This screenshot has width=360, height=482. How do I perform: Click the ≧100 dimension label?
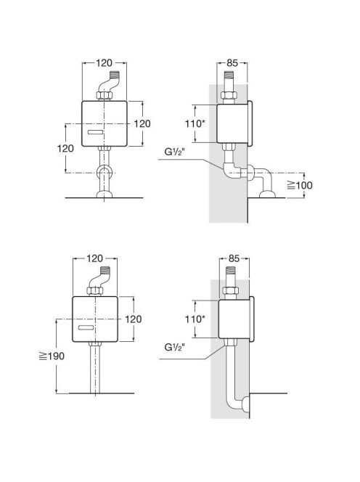click(x=300, y=185)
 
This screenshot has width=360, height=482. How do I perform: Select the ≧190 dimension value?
click(x=52, y=356)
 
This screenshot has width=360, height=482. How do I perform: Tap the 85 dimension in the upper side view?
click(x=232, y=62)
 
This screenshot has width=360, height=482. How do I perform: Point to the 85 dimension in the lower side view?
click(x=234, y=258)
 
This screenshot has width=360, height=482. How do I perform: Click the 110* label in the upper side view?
click(x=195, y=123)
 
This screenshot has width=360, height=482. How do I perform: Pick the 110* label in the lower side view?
click(x=195, y=319)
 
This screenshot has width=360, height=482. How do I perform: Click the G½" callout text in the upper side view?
click(x=175, y=152)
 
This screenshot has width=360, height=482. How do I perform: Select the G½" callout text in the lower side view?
click(x=175, y=347)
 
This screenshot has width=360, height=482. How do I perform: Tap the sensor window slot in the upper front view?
click(x=95, y=133)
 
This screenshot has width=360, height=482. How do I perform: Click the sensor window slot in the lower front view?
click(x=86, y=327)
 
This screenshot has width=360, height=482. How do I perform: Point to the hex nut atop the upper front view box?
click(x=104, y=95)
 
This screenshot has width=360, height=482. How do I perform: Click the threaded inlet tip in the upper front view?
click(x=115, y=75)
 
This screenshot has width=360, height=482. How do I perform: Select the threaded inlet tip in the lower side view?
click(x=230, y=271)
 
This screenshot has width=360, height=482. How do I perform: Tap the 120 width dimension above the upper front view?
click(x=105, y=63)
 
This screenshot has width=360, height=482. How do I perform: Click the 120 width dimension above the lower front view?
click(x=94, y=258)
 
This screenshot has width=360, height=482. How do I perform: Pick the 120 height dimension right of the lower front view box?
click(x=133, y=319)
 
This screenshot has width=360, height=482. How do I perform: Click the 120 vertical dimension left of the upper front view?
click(x=65, y=149)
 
